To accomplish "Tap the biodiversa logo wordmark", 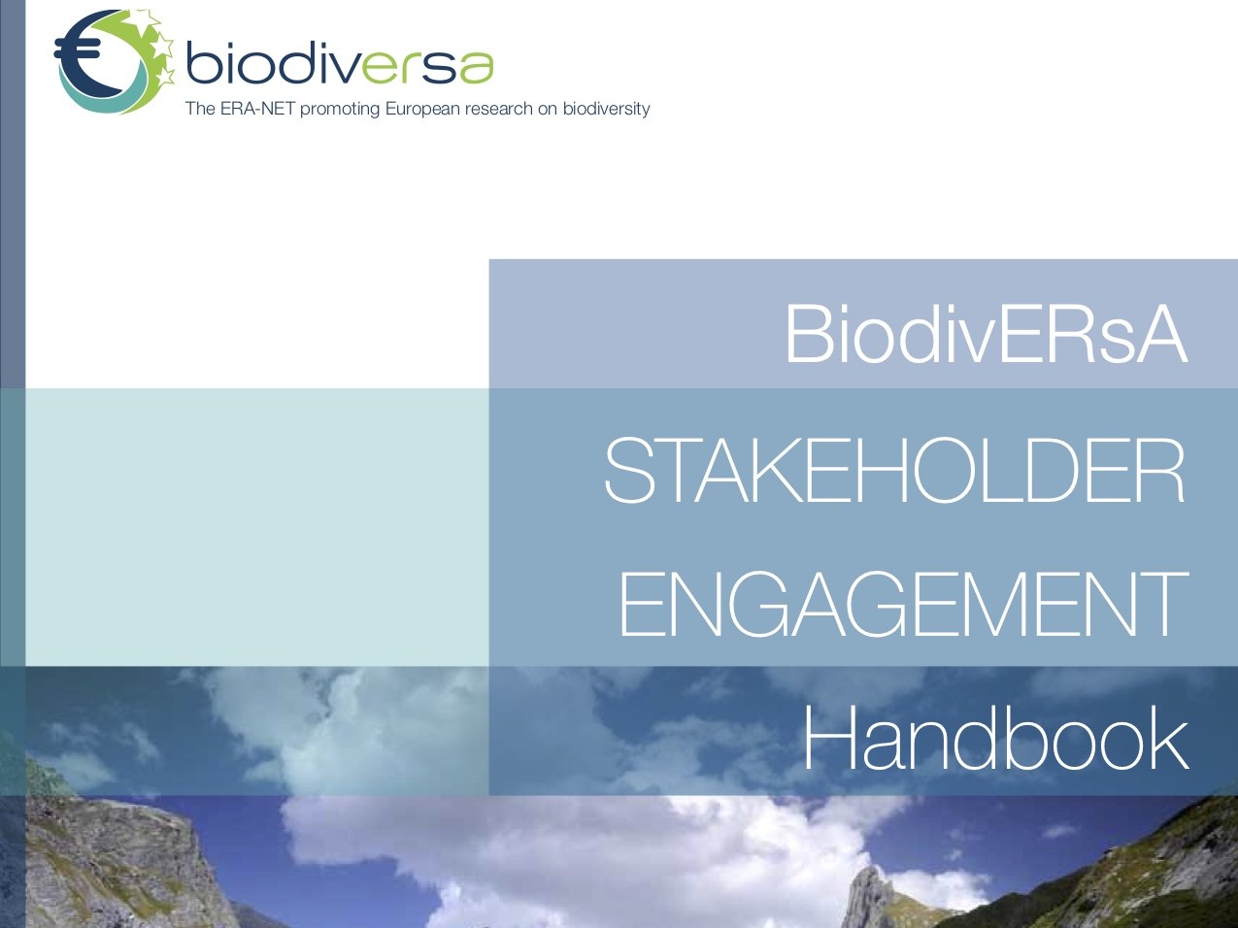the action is pos(340,64).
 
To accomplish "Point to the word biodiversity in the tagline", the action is pos(606,109).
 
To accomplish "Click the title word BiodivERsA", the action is pos(987,333).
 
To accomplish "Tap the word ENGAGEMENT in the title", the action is pos(904,604).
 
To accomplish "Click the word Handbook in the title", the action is pos(995,738).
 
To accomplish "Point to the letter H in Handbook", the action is pos(826,739).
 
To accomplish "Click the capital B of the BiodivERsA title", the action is pos(809,334).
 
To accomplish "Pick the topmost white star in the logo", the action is pos(151,18).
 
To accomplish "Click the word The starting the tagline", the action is pos(200,108).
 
